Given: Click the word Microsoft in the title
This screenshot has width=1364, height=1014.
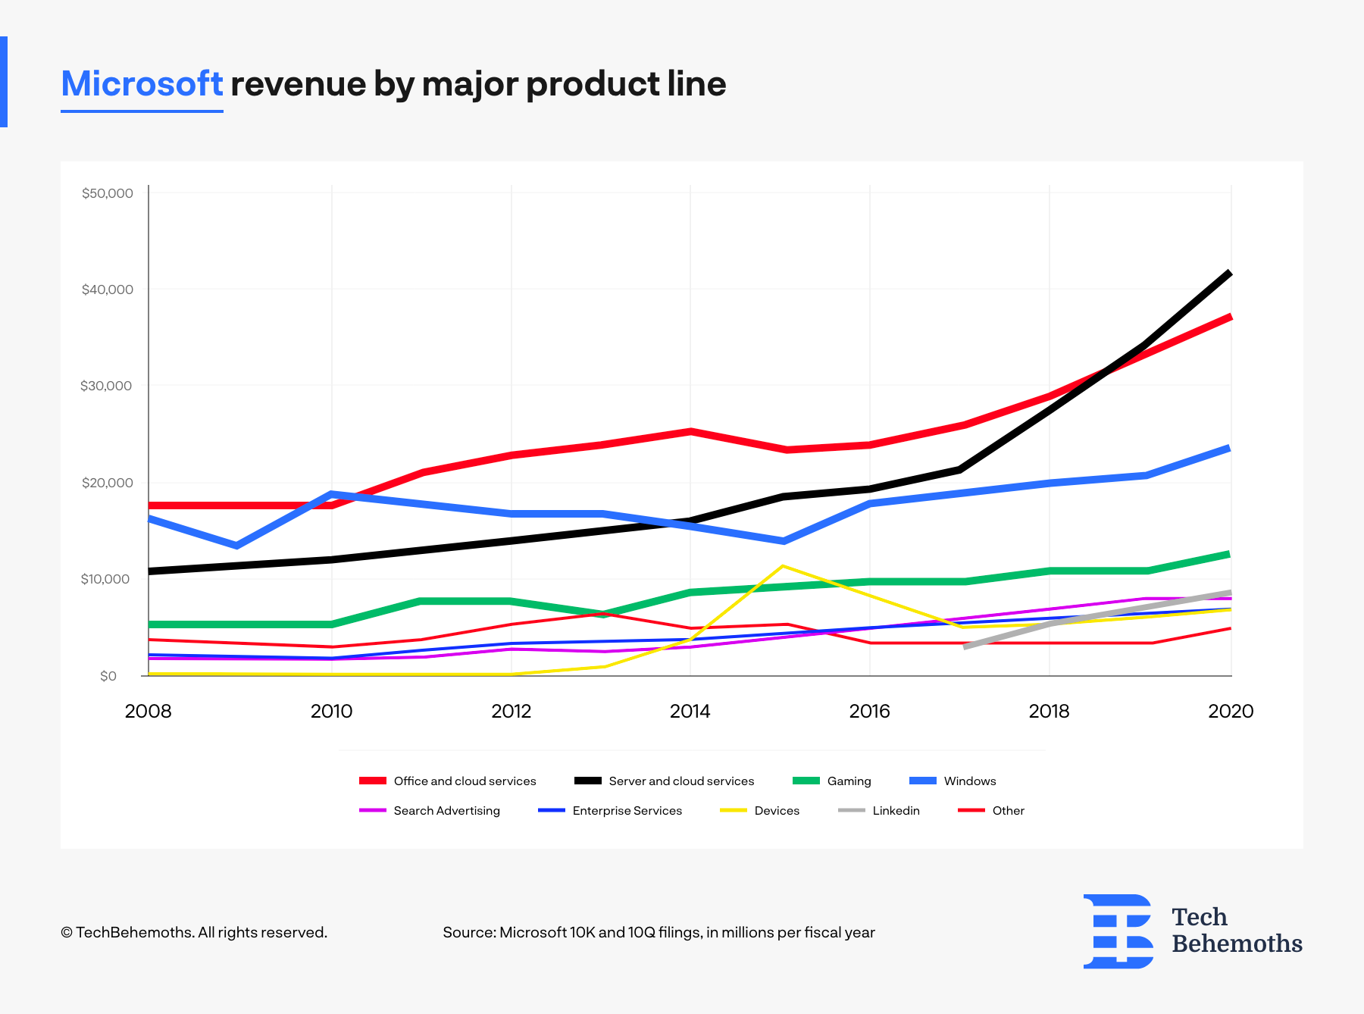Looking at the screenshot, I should tap(142, 83).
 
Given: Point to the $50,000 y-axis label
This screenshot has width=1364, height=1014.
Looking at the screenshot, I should tap(108, 193).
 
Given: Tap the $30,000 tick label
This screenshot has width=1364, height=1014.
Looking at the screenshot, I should tap(106, 386).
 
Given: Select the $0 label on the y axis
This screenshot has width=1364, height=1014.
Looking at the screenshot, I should tap(108, 676).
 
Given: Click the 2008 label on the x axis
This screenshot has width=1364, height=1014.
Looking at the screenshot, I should tap(148, 711).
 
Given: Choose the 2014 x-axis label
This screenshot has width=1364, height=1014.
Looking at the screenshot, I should tap(690, 711).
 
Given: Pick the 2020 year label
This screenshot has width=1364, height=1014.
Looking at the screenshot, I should tap(1231, 711).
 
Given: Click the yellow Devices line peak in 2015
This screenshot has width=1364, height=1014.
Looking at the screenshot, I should tap(783, 566).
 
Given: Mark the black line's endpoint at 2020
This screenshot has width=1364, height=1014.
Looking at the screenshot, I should tap(1229, 273).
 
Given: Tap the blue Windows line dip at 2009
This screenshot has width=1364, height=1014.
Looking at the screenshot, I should tap(237, 546).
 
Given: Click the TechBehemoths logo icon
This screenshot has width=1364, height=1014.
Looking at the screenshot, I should tap(1118, 931).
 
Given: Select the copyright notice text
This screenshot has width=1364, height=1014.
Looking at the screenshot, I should tap(194, 932).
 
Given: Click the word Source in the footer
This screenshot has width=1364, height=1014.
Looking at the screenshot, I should tap(468, 932).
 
